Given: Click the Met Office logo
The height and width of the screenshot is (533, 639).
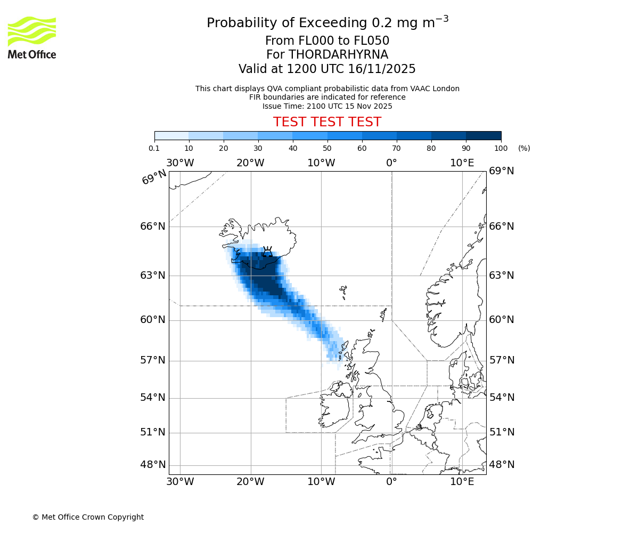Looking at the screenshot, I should (32, 37).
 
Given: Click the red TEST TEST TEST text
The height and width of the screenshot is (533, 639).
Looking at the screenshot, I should (327, 122).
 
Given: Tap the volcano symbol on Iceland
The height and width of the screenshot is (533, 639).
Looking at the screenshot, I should (267, 252).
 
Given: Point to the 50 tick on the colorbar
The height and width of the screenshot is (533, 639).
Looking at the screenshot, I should (327, 148).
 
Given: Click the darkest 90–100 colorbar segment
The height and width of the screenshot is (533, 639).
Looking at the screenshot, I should (484, 135).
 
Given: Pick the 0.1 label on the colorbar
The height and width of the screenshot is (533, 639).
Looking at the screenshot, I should (154, 148).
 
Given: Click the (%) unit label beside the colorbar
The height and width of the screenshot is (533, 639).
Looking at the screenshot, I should (524, 148).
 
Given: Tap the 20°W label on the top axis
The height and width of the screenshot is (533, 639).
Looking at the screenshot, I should (250, 163).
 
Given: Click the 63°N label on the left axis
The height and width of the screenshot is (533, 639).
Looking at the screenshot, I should (153, 276).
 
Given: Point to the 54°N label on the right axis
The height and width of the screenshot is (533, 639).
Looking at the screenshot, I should (502, 398).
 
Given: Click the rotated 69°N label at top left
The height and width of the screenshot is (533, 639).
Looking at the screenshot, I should (154, 177).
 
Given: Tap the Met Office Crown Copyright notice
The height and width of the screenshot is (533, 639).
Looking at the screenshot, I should (88, 517).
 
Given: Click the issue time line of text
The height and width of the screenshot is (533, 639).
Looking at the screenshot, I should (327, 106).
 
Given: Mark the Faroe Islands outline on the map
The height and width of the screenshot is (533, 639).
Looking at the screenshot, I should (343, 293).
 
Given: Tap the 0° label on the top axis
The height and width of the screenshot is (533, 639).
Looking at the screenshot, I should (391, 163).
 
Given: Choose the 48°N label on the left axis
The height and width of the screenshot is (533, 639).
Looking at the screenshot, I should (153, 465).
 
